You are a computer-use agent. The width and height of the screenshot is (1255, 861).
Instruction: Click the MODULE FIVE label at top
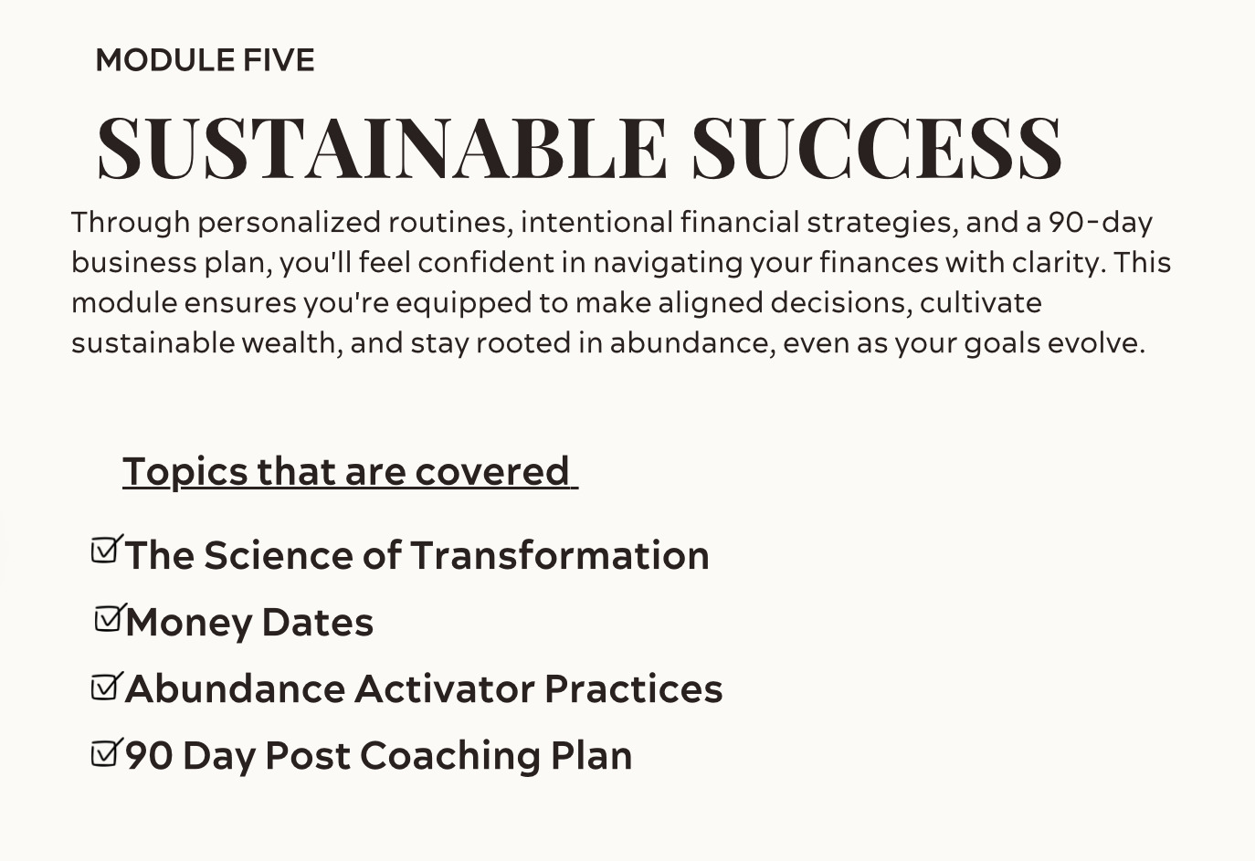[206, 60]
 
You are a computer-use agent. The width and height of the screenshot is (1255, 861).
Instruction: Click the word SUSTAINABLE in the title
[382, 149]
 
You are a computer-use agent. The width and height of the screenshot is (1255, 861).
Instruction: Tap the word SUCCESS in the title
[877, 149]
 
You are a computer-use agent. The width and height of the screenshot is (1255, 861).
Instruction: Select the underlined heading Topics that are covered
[350, 472]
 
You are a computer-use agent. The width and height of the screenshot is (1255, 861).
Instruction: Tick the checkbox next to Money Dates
[109, 618]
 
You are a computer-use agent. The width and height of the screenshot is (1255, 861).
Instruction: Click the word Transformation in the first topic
[560, 555]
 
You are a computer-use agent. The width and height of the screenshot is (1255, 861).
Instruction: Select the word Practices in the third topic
[634, 688]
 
